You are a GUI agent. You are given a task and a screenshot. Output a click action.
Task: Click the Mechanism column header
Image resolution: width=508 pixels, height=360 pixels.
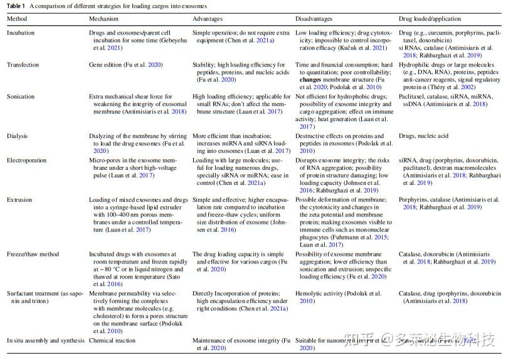(x=104, y=19)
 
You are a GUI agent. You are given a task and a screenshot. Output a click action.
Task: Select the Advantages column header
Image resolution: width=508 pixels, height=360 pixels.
(x=207, y=19)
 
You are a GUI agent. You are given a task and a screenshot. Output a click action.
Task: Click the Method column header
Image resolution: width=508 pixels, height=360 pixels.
(x=17, y=19)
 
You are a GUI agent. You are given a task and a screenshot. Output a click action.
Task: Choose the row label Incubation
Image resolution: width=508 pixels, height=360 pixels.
(x=21, y=33)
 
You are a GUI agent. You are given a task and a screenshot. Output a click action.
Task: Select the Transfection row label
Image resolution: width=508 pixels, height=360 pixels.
(x=23, y=65)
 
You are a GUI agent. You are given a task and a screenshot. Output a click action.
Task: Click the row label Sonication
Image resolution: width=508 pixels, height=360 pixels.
(x=21, y=97)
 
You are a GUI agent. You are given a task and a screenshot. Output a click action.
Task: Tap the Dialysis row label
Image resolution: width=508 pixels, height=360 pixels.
(x=18, y=135)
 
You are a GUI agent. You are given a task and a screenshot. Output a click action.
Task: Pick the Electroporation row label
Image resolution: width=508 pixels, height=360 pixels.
(x=26, y=160)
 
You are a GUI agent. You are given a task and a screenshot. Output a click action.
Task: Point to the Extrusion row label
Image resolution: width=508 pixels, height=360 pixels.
(x=19, y=200)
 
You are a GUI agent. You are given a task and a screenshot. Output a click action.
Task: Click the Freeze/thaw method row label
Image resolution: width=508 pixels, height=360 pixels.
(x=32, y=255)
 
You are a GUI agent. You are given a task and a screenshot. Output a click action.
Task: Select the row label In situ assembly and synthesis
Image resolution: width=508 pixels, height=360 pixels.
(x=45, y=341)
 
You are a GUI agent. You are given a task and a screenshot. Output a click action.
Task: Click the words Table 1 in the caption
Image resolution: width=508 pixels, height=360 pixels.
(x=16, y=5)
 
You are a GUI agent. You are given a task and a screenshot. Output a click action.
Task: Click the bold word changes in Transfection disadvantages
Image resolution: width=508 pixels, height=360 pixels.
(x=310, y=80)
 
